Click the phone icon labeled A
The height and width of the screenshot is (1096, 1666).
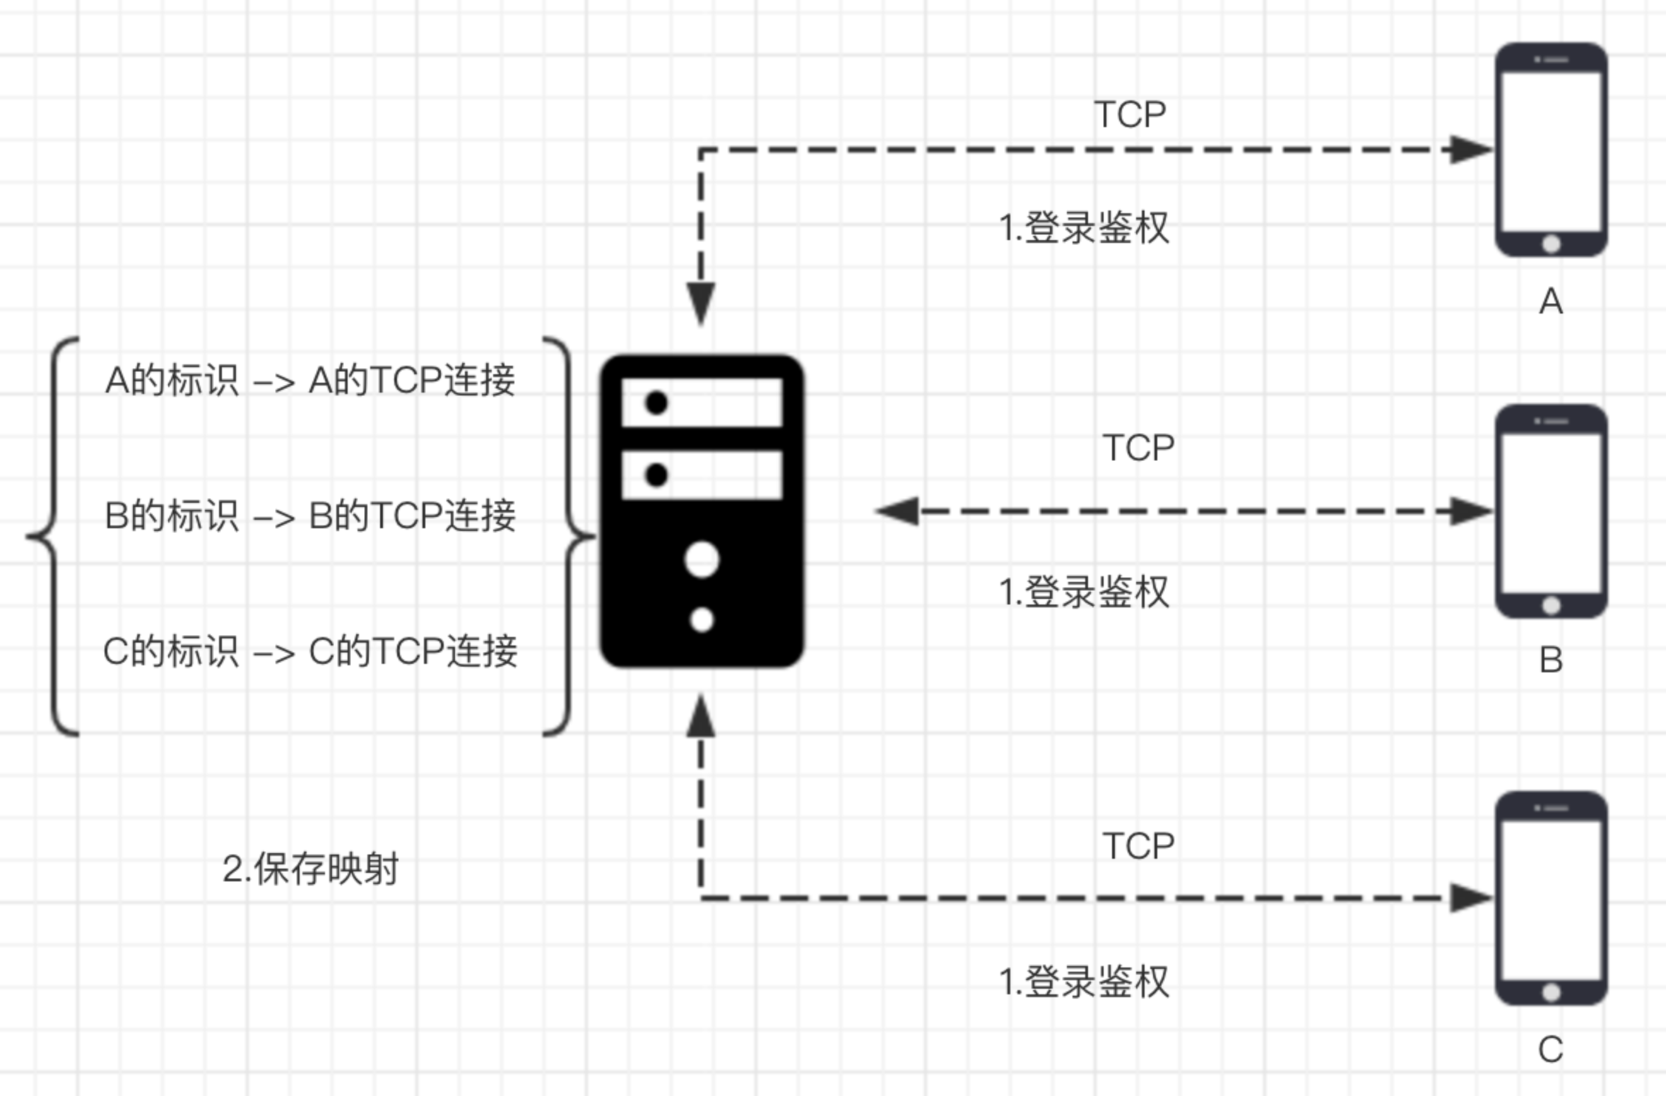1551,150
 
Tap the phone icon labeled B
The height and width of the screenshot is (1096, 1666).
1551,511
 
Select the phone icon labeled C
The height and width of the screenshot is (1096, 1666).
1551,898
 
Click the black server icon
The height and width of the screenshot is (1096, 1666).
702,511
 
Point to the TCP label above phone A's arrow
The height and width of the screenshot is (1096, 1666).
1130,114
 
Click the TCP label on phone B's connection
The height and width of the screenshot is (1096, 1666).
1138,448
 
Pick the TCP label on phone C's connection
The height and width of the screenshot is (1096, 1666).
1138,845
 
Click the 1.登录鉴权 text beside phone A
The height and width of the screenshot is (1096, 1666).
1084,228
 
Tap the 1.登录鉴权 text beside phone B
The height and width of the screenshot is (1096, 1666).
1084,592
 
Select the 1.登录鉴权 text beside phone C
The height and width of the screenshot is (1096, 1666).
1084,982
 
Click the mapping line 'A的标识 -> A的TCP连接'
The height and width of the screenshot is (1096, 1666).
310,380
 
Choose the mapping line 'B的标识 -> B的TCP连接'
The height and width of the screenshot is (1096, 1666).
310,516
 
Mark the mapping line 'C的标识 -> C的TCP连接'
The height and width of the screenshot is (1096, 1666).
310,651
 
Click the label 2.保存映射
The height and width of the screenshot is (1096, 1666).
310,869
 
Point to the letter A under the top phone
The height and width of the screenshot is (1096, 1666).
1551,302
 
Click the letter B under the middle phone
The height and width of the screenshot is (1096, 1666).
1551,660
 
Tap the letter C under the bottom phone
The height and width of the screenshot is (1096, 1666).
1551,1049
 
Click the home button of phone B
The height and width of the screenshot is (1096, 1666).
1551,605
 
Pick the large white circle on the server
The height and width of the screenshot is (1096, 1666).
702,560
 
